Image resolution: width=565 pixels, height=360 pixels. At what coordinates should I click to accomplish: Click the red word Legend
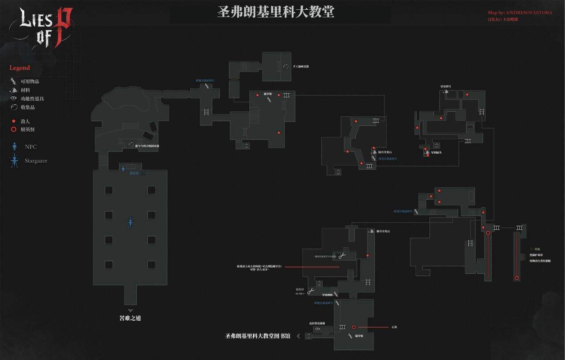pos(20,68)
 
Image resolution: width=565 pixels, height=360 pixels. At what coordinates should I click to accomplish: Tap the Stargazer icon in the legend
pos(15,161)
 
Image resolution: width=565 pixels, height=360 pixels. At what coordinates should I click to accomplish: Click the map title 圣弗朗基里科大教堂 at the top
pos(275,12)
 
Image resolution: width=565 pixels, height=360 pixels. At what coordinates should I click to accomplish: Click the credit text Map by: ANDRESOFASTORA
pos(520,12)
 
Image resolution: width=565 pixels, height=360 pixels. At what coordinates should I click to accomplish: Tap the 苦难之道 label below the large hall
pos(130,318)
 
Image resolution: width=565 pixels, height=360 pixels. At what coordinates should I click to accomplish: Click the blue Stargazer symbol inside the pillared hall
pos(130,223)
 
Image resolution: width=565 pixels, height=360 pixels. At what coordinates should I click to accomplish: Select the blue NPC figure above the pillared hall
pos(123,168)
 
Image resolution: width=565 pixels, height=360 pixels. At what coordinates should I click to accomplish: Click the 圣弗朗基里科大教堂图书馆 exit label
pos(258,336)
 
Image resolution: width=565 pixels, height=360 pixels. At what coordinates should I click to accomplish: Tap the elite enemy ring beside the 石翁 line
pos(354,327)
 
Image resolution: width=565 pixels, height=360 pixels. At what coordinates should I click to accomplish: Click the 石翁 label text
pos(394,327)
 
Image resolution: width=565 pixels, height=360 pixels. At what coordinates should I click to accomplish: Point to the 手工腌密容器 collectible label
pos(301,66)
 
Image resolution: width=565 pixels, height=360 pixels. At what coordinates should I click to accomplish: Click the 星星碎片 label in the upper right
pos(446,87)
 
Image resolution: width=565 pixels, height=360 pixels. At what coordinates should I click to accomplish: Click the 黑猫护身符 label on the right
pos(536,255)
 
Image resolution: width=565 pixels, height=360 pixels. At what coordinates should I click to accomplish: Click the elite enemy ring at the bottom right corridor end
pos(516,278)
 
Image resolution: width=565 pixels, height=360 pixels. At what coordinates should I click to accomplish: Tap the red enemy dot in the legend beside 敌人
pos(14,121)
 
